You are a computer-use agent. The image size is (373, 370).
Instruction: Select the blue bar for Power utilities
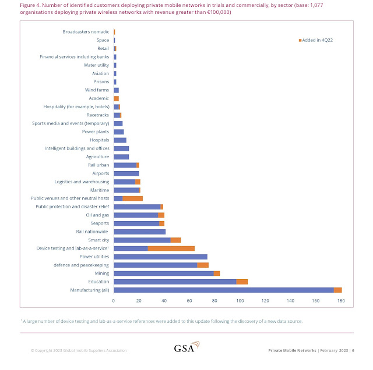(x=160, y=257)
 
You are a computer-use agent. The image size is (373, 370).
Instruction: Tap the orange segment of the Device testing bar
(x=171, y=248)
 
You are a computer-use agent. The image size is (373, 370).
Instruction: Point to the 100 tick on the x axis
(x=240, y=300)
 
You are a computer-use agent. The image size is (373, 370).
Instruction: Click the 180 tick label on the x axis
(x=341, y=300)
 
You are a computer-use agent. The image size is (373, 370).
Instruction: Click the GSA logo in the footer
(x=186, y=349)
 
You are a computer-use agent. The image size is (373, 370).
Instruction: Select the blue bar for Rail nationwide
(x=139, y=232)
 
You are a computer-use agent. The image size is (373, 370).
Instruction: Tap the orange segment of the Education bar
(x=242, y=282)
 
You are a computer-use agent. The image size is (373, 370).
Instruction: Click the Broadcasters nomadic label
(x=86, y=31)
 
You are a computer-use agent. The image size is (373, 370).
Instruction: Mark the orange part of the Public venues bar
(x=132, y=198)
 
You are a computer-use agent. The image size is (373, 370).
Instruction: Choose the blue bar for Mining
(x=164, y=273)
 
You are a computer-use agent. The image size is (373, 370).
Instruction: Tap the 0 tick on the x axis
(x=114, y=300)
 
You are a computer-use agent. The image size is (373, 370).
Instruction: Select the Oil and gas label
(x=97, y=215)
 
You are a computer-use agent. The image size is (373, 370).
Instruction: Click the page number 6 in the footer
(x=353, y=350)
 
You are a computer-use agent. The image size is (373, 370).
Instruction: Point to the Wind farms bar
(x=116, y=90)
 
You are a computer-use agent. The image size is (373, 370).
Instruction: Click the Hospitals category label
(x=99, y=140)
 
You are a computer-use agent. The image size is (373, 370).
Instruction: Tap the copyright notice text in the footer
(x=79, y=350)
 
